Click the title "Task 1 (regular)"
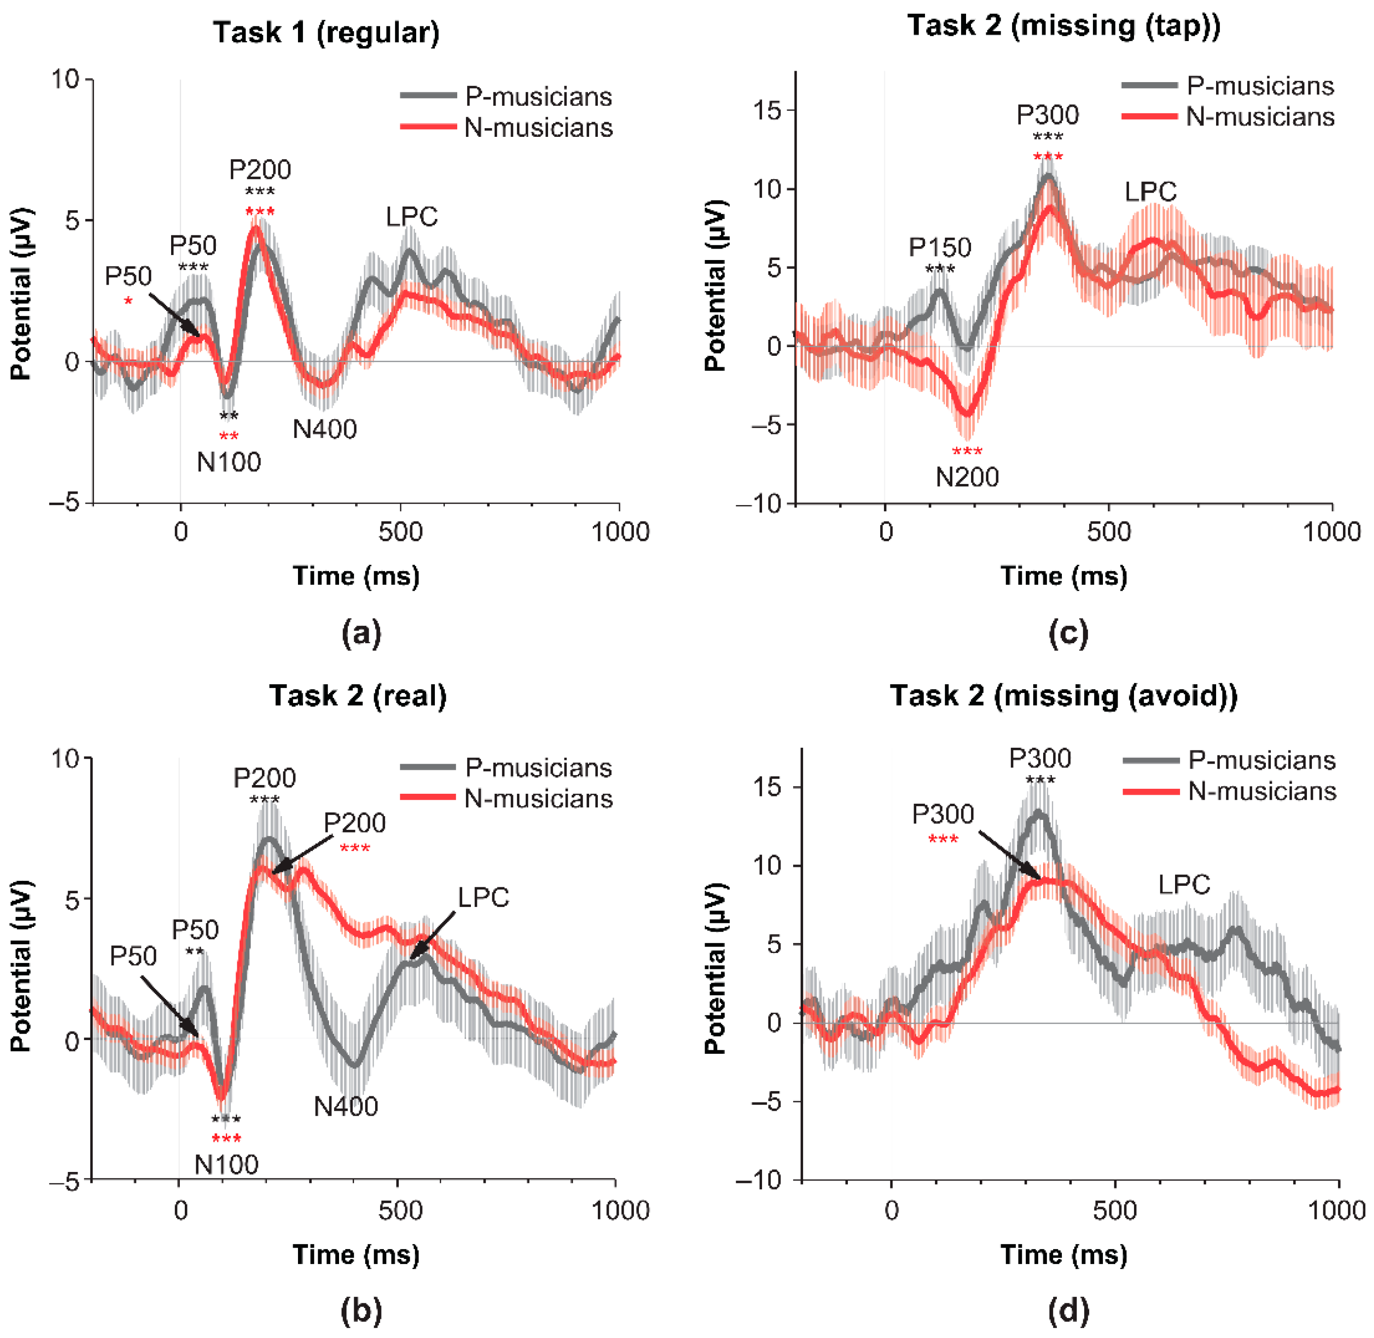click(326, 33)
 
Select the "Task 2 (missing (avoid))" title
click(1063, 696)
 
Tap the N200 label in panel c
click(967, 477)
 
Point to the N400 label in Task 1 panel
click(325, 429)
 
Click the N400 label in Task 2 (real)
click(346, 1106)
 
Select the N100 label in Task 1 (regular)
click(229, 462)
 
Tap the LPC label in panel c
click(1150, 192)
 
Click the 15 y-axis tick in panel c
click(768, 110)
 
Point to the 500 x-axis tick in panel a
click(401, 532)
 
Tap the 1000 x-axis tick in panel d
click(1338, 1210)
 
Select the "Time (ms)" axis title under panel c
click(1063, 576)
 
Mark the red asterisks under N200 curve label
click(967, 451)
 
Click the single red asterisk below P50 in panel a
click(128, 302)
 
